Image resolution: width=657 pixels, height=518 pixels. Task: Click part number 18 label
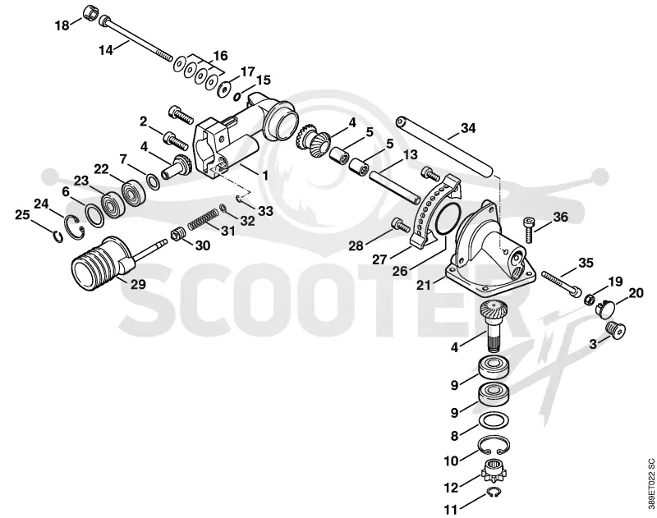pos(62,25)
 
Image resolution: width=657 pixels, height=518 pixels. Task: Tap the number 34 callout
pos(468,128)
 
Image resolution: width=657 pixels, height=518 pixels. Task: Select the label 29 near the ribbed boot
pos(138,284)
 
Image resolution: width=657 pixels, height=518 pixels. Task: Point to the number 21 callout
pos(424,285)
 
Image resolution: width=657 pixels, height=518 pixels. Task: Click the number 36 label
pos(561,217)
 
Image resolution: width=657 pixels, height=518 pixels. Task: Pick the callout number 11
pos(450,510)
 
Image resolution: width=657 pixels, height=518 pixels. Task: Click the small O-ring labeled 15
pos(237,97)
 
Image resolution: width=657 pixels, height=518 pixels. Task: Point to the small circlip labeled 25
pos(58,237)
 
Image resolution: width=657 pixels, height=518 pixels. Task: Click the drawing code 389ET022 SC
pos(650,481)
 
